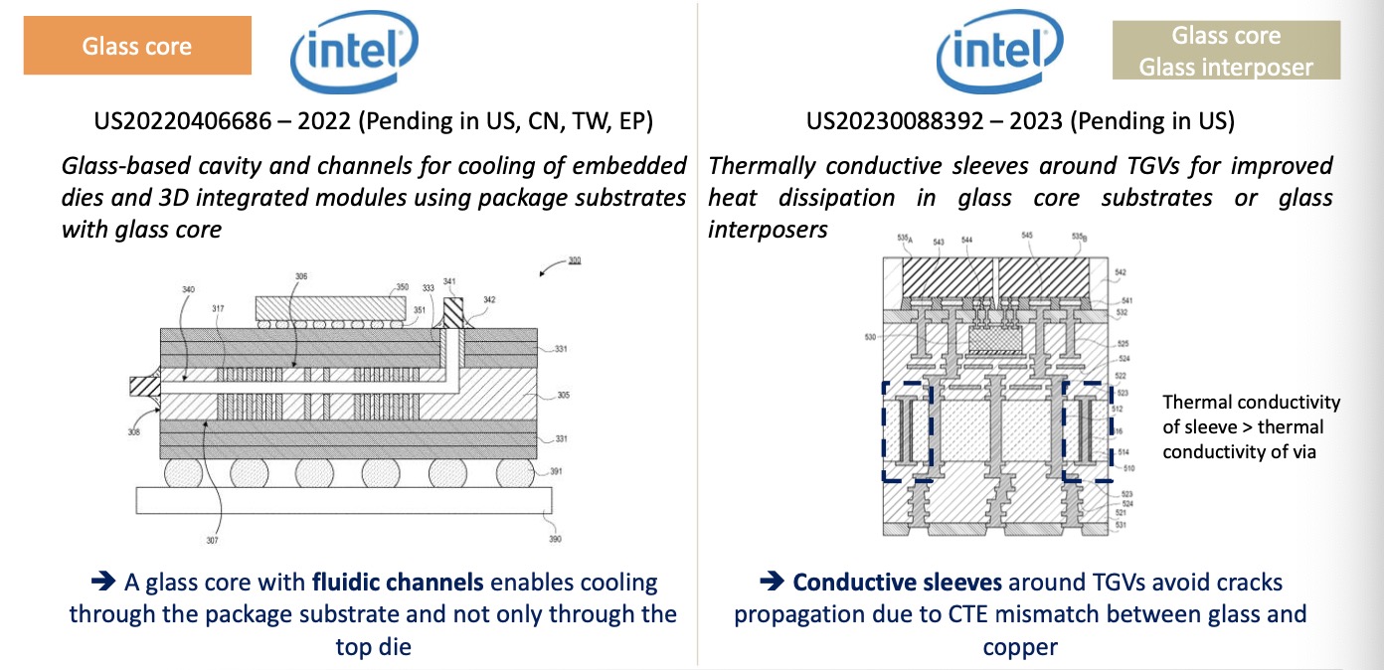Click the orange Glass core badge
tap(137, 47)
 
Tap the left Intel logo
tap(354, 51)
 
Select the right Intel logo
tap(999, 51)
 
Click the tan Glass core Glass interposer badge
tap(1226, 52)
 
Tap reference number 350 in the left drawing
tap(402, 288)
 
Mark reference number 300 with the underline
tap(575, 261)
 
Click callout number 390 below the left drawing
tap(555, 539)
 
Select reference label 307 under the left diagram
tap(214, 541)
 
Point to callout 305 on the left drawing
tap(563, 395)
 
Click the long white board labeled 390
tap(343, 499)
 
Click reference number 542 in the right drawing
tap(1122, 271)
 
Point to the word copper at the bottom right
tap(1020, 647)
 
